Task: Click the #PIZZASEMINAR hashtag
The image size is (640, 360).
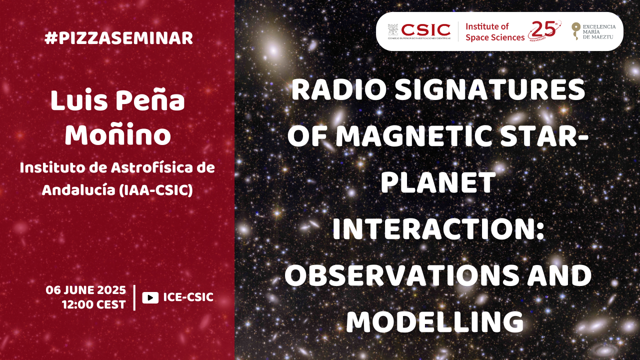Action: (x=119, y=38)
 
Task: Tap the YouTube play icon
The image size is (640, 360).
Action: (x=150, y=297)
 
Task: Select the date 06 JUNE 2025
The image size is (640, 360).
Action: (x=85, y=290)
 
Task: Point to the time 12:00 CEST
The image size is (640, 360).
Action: (x=94, y=304)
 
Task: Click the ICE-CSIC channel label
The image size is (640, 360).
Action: (x=188, y=297)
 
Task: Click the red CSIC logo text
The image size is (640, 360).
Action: (x=425, y=30)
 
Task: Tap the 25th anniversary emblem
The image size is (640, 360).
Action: (x=544, y=30)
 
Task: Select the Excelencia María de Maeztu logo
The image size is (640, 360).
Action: (x=593, y=31)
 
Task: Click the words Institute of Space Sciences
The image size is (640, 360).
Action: (x=495, y=32)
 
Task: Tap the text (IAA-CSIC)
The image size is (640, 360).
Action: (x=155, y=190)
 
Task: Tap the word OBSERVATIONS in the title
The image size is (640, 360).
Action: (x=401, y=275)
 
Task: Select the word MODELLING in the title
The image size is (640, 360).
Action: (x=435, y=321)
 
